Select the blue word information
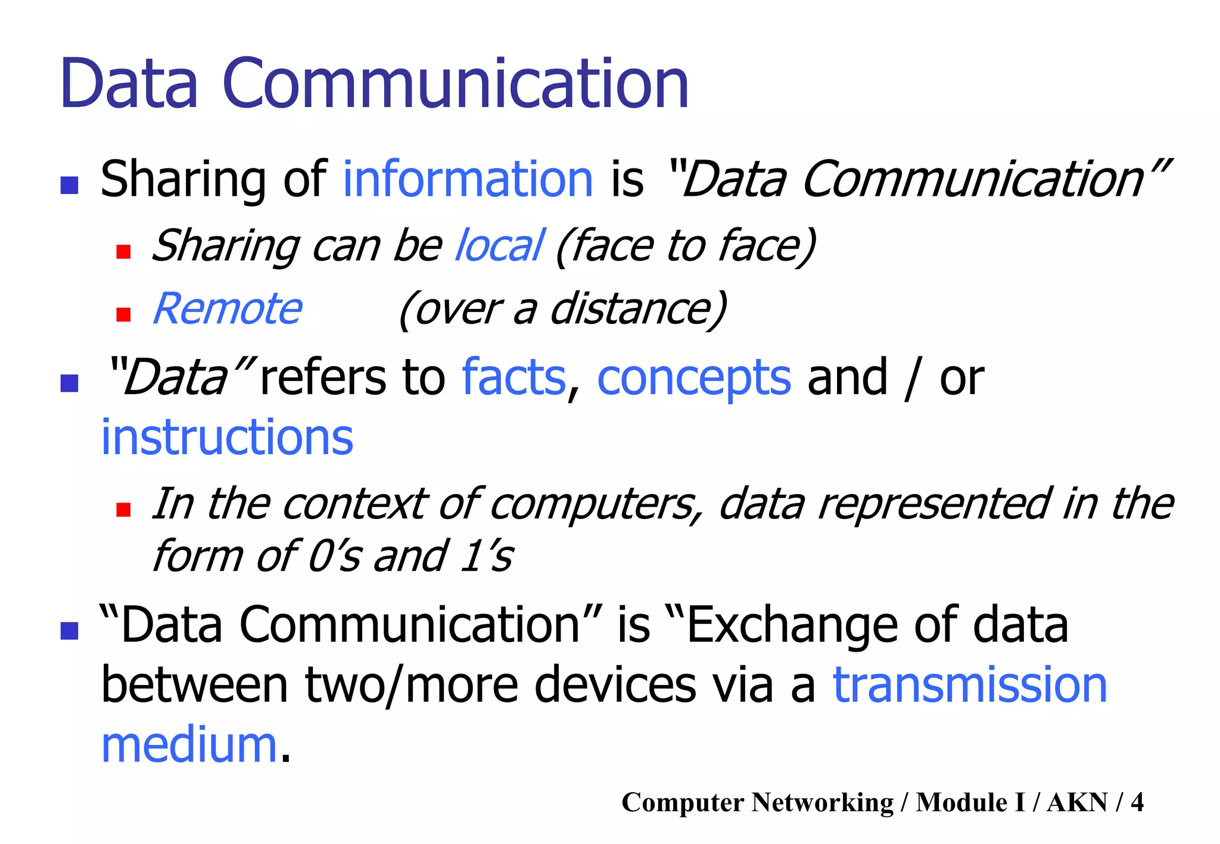468,179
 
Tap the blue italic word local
499,245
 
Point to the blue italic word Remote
228,308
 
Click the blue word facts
513,377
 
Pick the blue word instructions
227,437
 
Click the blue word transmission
970,685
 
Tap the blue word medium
189,746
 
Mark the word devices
615,685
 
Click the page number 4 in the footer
1137,802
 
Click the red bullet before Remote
123,314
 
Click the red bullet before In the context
123,509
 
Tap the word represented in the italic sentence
933,504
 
